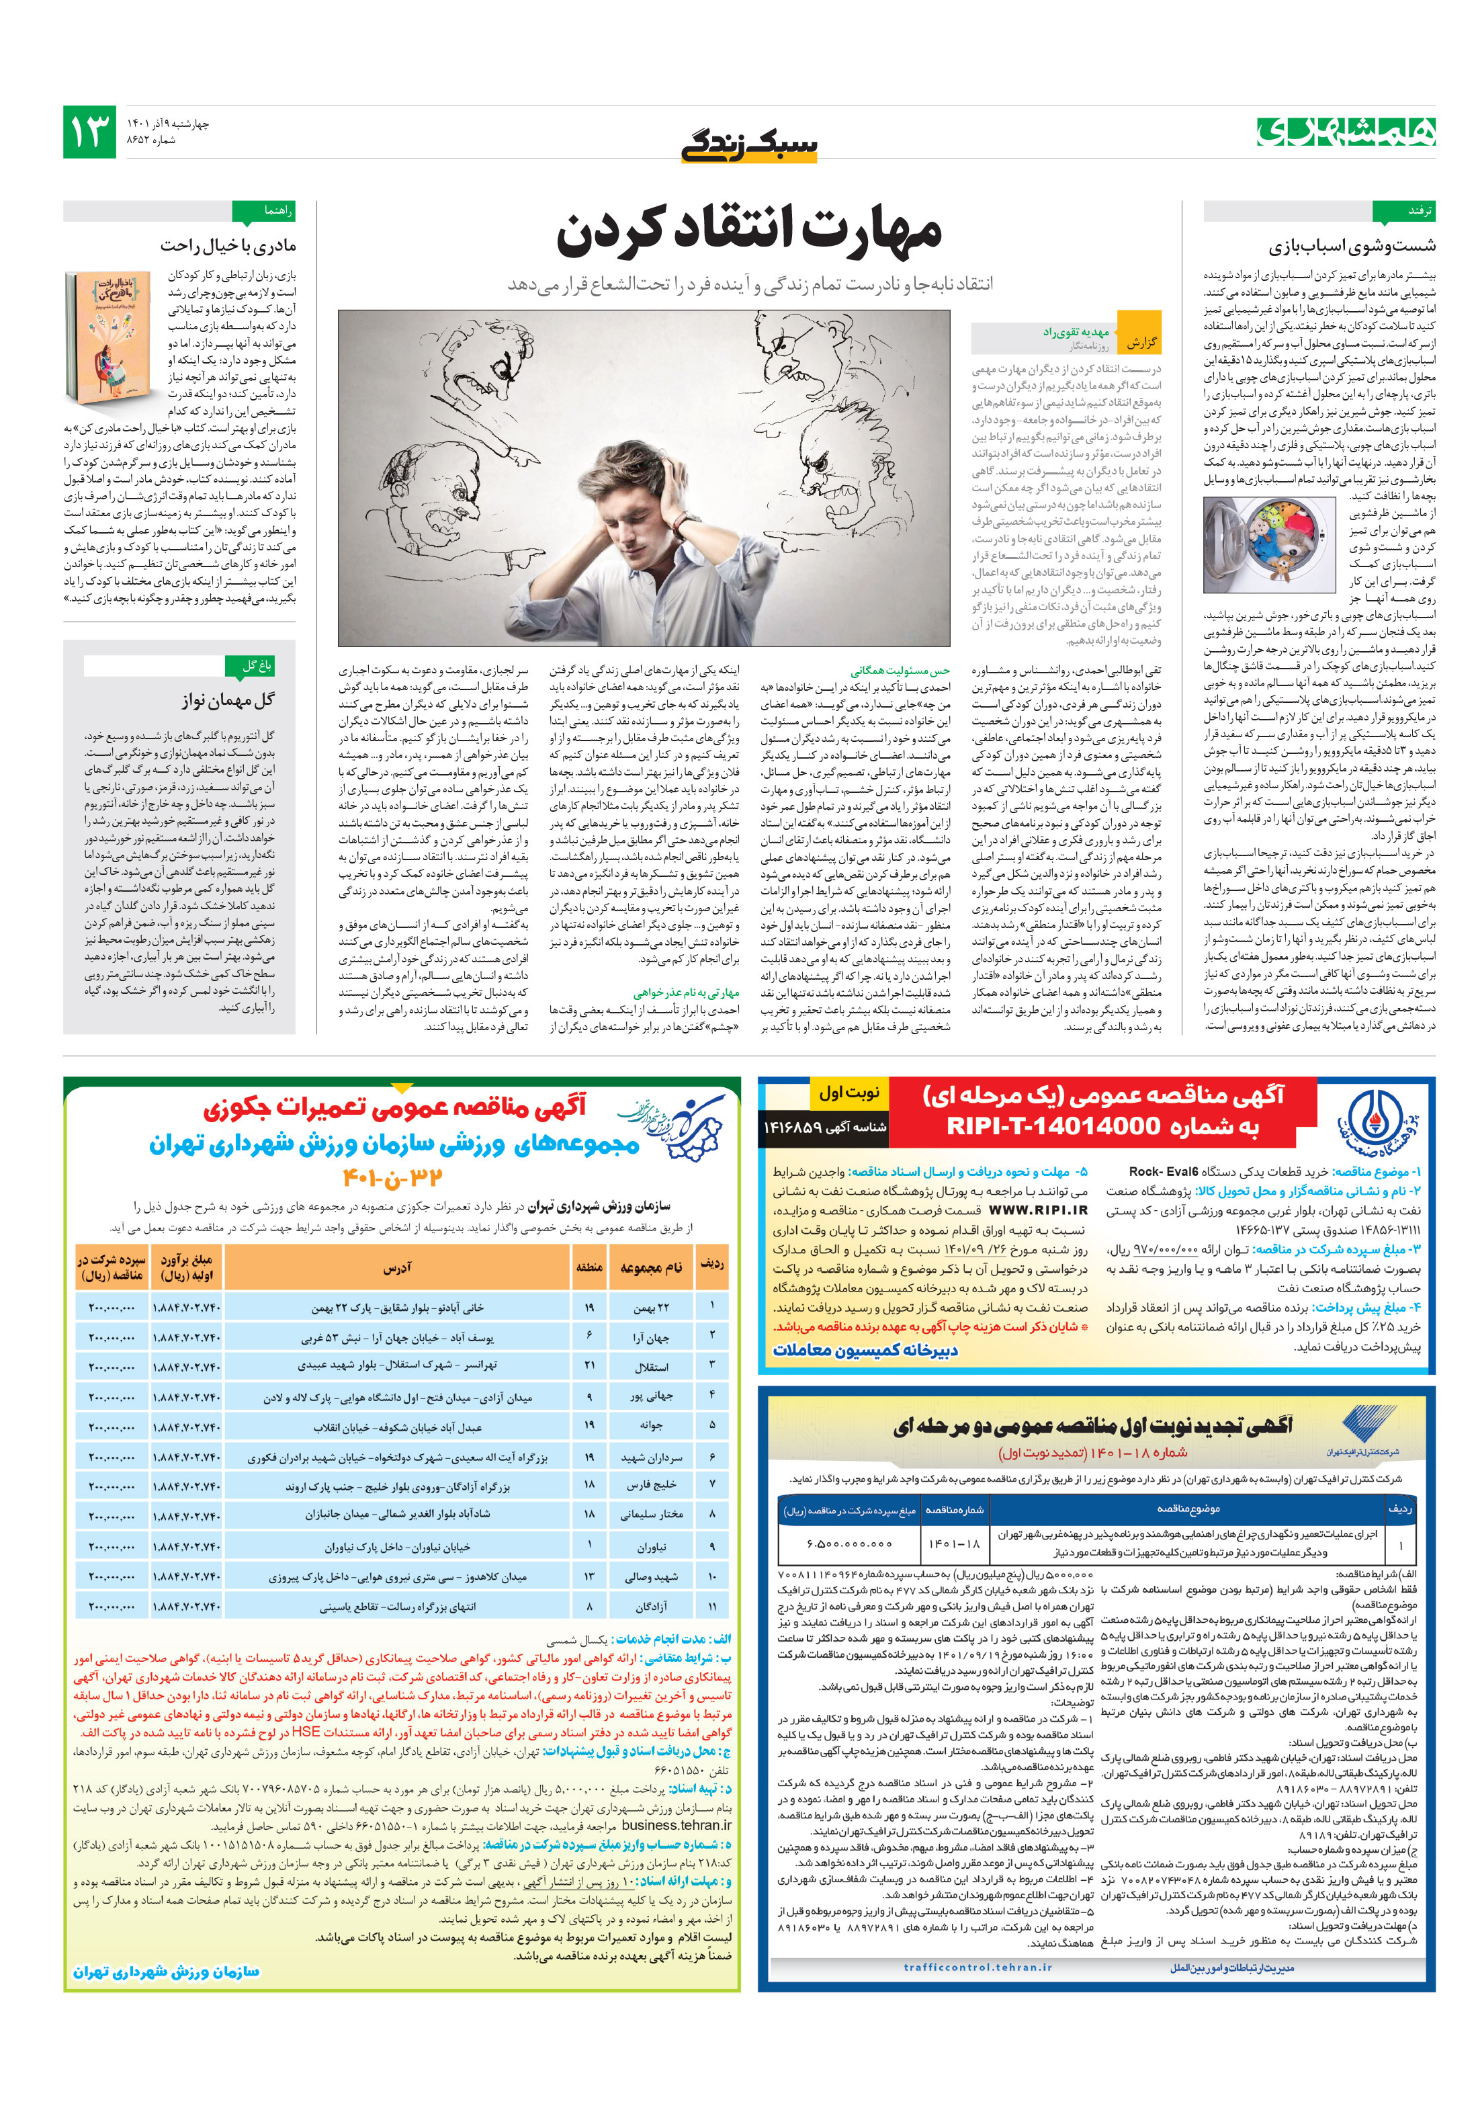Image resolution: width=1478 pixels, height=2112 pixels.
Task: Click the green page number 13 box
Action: point(89,132)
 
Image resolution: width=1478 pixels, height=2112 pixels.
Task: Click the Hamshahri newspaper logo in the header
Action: point(1346,132)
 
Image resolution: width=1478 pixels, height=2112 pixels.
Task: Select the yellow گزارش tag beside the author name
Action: point(1141,343)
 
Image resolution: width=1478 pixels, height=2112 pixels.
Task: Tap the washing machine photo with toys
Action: point(1268,544)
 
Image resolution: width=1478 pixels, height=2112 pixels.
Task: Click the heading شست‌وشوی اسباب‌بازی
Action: point(1351,245)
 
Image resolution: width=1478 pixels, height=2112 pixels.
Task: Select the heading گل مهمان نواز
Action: point(227,700)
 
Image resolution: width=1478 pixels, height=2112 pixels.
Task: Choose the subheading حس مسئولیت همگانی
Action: point(900,671)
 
